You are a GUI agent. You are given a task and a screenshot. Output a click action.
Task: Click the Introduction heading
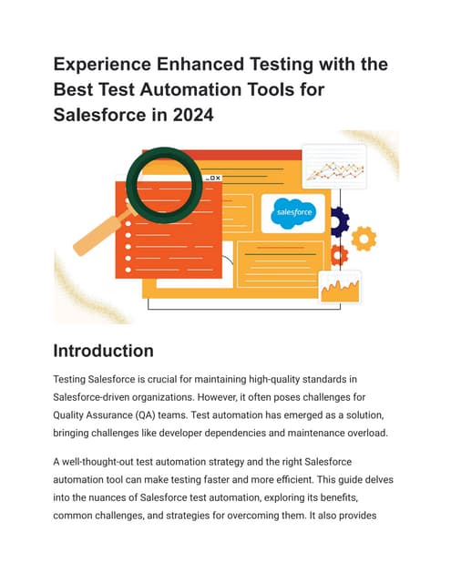[103, 351]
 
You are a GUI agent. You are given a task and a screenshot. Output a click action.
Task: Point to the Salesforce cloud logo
[292, 212]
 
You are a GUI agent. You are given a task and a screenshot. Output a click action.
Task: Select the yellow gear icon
[364, 239]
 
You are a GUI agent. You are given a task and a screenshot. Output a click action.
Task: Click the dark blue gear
[339, 220]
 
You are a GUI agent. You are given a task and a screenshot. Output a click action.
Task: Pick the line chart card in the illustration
[333, 167]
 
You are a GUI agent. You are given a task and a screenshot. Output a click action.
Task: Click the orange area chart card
[339, 288]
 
